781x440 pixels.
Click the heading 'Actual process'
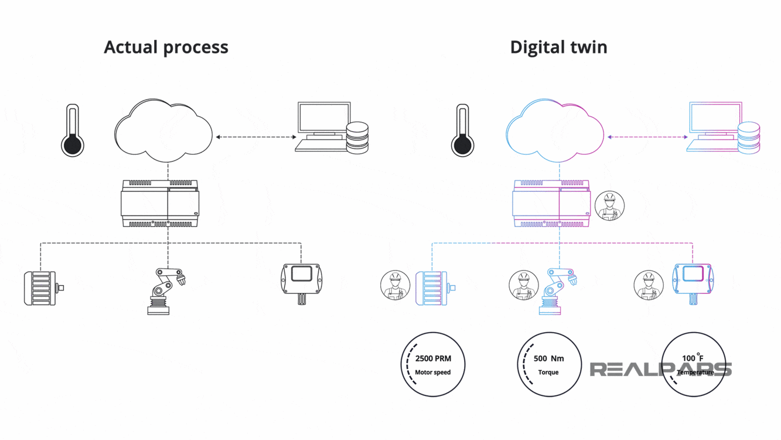pyautogui.click(x=166, y=47)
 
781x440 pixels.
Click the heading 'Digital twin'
pyautogui.click(x=558, y=47)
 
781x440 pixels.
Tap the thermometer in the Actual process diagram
pyautogui.click(x=72, y=131)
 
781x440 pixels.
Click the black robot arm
pyautogui.click(x=166, y=291)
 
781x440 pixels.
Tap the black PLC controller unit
pyautogui.click(x=159, y=204)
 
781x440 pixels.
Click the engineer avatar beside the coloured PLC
pyautogui.click(x=609, y=207)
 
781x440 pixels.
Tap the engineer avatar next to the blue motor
pyautogui.click(x=395, y=286)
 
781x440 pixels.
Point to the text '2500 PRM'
pyautogui.click(x=433, y=358)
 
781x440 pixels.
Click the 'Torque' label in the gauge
pyautogui.click(x=548, y=373)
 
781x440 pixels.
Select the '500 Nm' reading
pyautogui.click(x=548, y=358)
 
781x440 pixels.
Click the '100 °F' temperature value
pyautogui.click(x=693, y=358)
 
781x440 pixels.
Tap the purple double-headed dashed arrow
pyautogui.click(x=647, y=137)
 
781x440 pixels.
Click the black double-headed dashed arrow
pyautogui.click(x=256, y=137)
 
